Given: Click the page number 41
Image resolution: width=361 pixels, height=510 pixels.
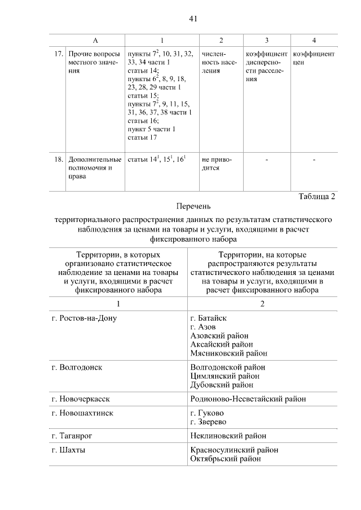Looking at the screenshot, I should tap(192, 19).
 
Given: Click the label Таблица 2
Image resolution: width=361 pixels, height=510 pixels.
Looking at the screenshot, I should tap(316, 196).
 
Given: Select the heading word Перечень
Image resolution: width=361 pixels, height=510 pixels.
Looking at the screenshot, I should tap(192, 207).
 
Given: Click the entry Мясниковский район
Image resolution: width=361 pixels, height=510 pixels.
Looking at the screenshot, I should tap(228, 353).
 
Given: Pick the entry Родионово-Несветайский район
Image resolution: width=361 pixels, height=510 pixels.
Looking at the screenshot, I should tap(248, 399).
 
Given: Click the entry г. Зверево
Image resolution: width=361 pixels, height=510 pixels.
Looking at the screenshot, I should tap(208, 422).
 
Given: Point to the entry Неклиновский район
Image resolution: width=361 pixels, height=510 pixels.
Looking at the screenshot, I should tap(228, 436).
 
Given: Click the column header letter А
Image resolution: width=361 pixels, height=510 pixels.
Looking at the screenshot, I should tap(95, 40).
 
